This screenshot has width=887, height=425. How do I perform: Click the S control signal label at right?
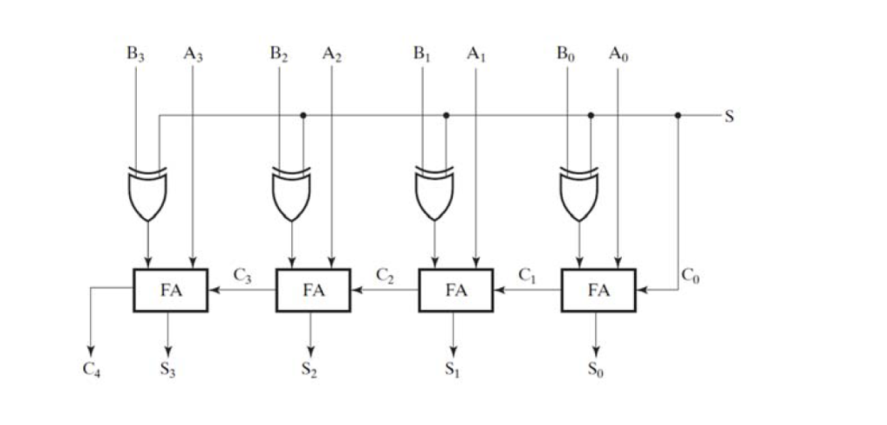pos(728,116)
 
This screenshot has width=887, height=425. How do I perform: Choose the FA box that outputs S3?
pos(171,290)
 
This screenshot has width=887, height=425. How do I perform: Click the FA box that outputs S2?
pos(313,290)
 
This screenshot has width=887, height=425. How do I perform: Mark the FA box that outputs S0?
pos(599,290)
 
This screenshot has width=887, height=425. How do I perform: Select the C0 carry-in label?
pos(690,275)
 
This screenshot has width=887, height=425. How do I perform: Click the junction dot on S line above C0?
pos(678,115)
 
